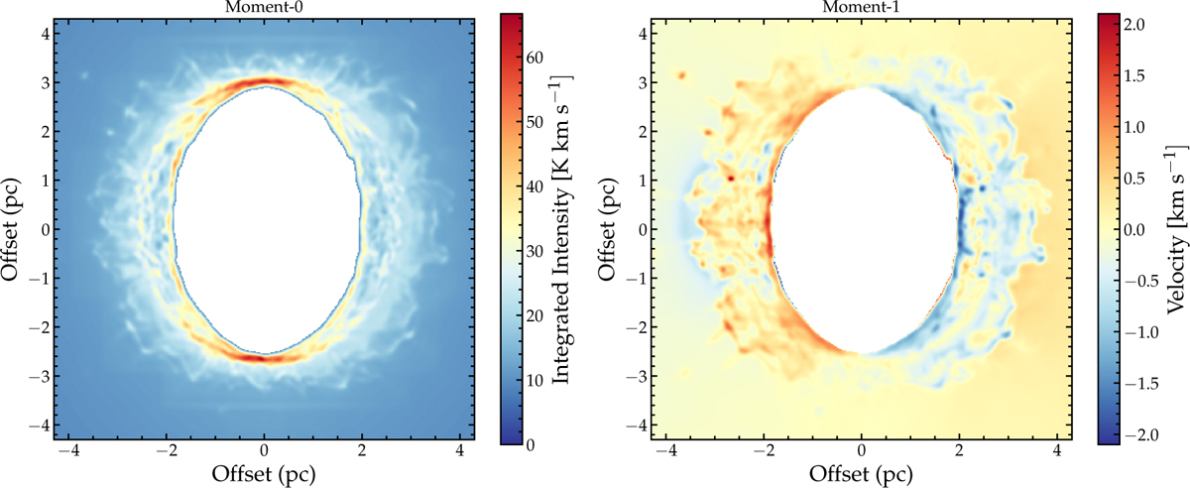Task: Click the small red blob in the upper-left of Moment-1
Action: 682,74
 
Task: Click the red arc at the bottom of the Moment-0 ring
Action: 260,357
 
